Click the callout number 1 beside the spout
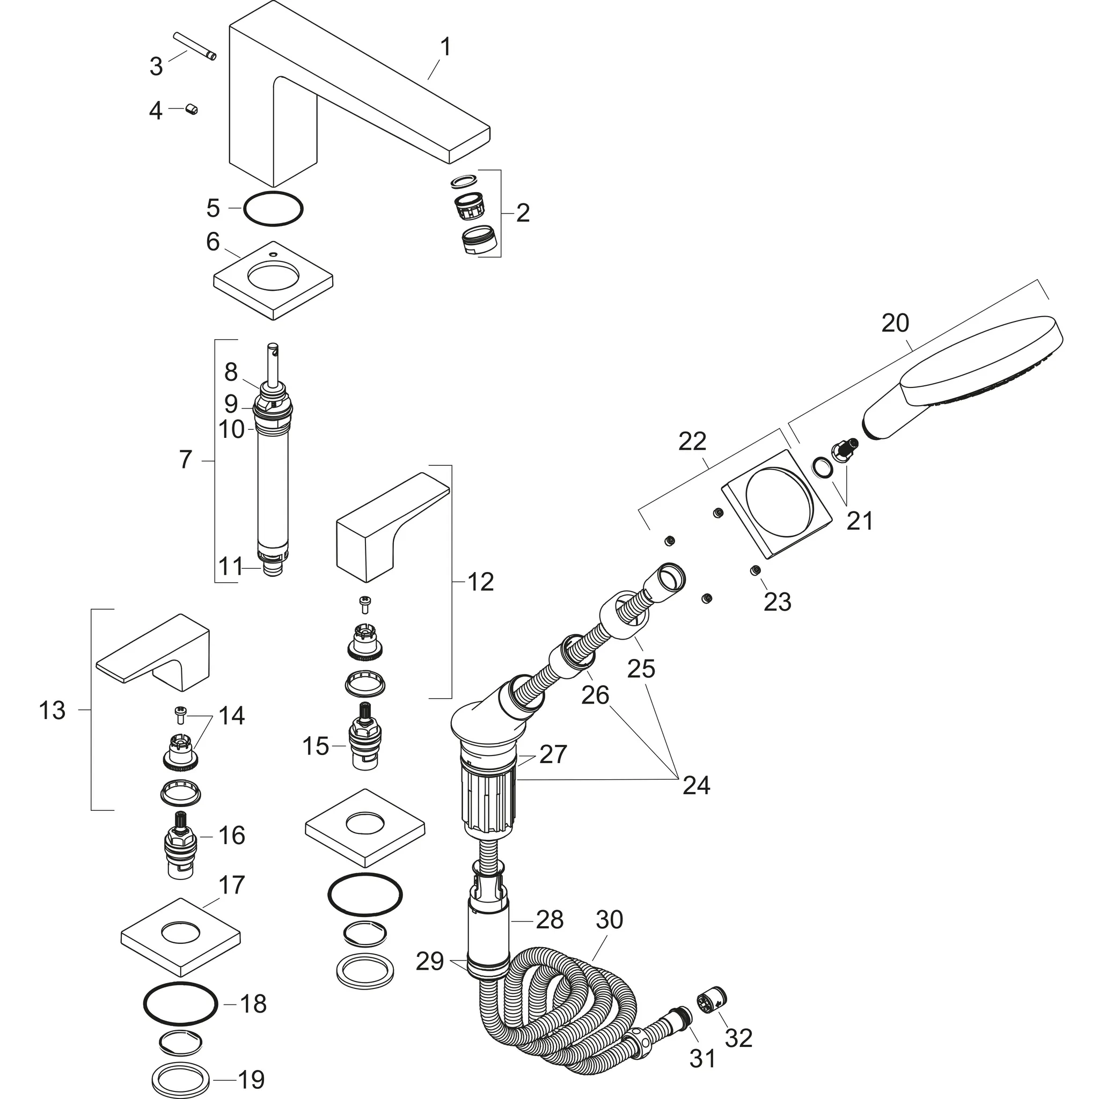pos(446,47)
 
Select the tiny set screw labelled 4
pos(192,109)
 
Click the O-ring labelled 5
pos(273,209)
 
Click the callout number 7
pos(186,460)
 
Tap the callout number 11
pos(230,567)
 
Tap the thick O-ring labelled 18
pos(180,1004)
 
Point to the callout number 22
pos(692,442)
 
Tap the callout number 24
pos(696,786)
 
